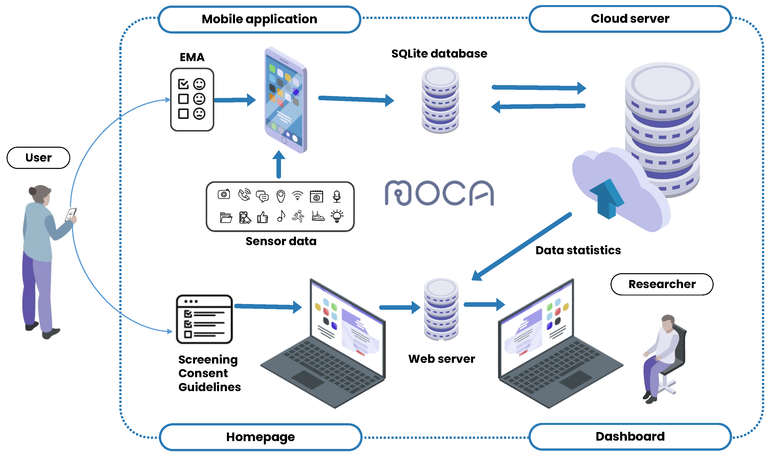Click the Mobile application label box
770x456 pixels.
pyautogui.click(x=259, y=19)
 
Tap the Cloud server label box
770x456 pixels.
pyautogui.click(x=630, y=19)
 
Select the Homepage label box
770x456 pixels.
pyautogui.click(x=260, y=437)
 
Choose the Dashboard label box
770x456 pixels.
pyautogui.click(x=630, y=436)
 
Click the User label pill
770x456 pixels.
pyautogui.click(x=38, y=158)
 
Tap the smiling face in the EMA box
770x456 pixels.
pyautogui.click(x=199, y=84)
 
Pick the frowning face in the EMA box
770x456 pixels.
pyautogui.click(x=199, y=114)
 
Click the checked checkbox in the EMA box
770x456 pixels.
pyautogui.click(x=183, y=84)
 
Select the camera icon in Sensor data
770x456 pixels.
pyautogui.click(x=224, y=194)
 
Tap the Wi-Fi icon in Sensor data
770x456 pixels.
pyautogui.click(x=297, y=195)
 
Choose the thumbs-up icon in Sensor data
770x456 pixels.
pyautogui.click(x=262, y=217)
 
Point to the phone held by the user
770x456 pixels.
pyautogui.click(x=71, y=214)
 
